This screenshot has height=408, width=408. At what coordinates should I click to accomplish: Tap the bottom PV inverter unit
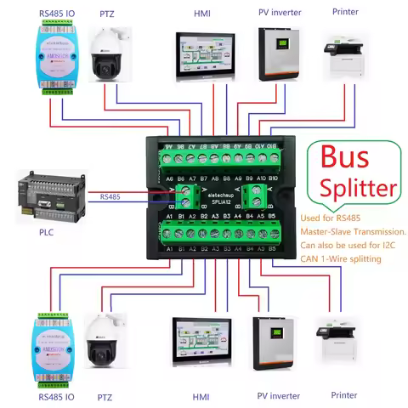(275, 343)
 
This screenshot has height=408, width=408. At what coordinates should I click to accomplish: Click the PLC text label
(47, 229)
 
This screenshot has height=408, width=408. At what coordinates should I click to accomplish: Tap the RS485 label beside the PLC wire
(110, 197)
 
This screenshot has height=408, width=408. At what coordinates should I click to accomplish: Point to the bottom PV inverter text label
(279, 396)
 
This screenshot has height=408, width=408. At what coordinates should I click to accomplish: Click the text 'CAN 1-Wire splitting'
(343, 261)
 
